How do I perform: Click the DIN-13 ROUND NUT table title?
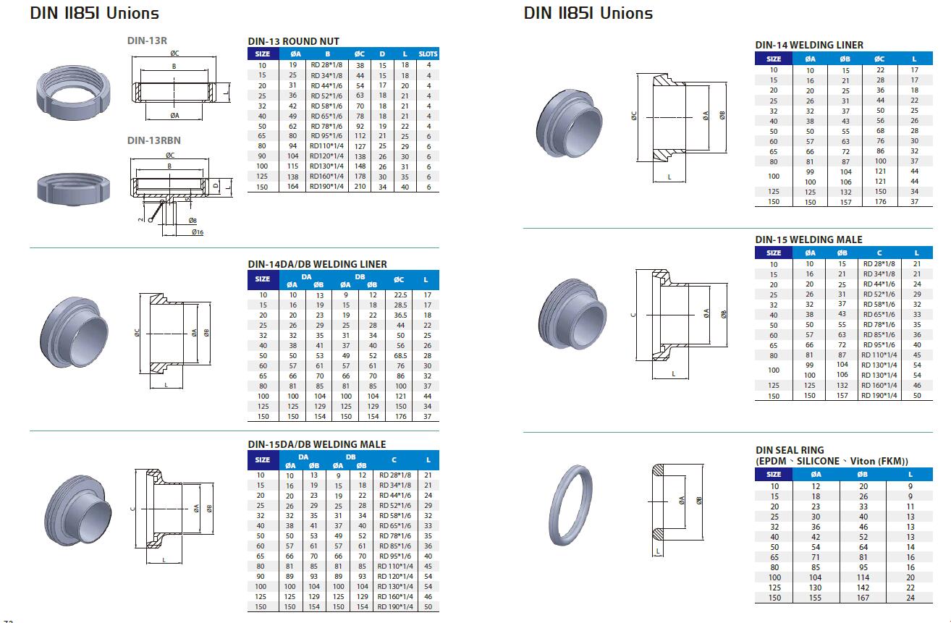(293, 41)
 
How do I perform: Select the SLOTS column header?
(428, 54)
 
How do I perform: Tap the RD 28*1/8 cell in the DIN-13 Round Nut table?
(327, 65)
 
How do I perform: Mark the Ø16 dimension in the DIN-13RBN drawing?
(197, 232)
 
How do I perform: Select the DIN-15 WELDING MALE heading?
(808, 240)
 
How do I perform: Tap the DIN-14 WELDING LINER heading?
(809, 45)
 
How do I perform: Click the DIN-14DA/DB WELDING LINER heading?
(317, 264)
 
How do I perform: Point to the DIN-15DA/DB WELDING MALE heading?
(316, 444)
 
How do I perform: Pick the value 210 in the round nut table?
(360, 187)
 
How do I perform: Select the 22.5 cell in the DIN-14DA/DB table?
(400, 295)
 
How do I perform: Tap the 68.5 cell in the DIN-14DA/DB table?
(400, 356)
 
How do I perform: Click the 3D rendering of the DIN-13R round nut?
(70, 93)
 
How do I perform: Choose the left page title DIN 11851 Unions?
(95, 13)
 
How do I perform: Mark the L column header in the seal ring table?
(910, 474)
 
